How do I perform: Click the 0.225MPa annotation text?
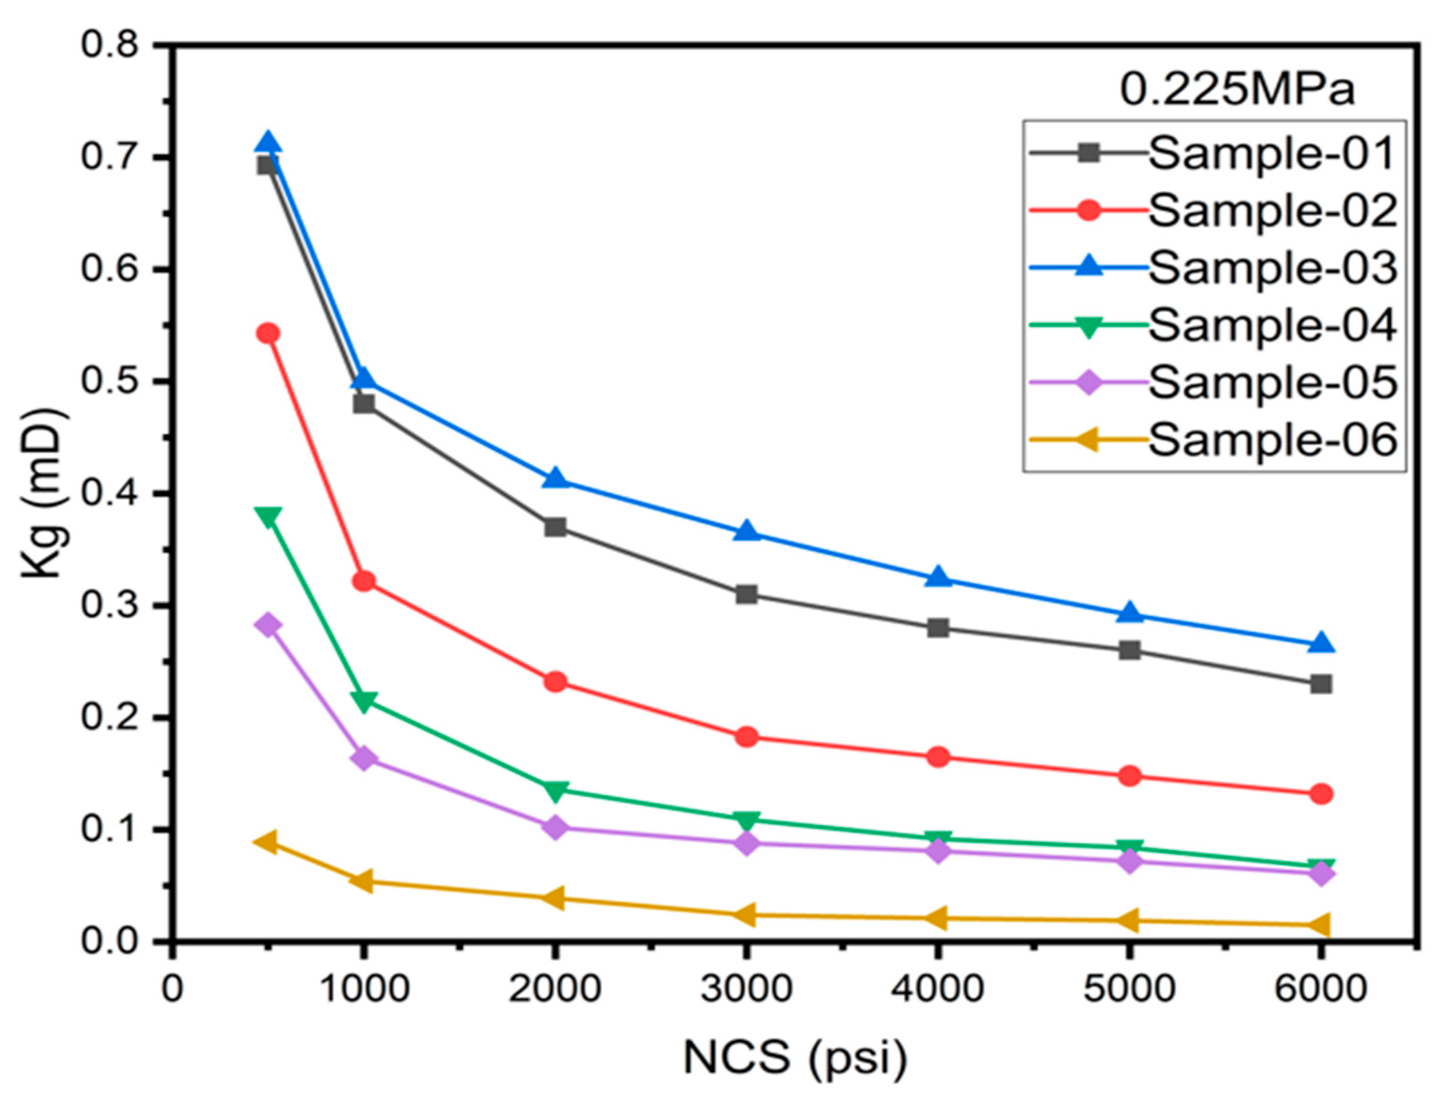tap(1237, 90)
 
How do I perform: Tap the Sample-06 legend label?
tap(1272, 440)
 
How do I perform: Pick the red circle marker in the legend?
tap(1088, 211)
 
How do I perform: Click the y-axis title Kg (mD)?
tap(43, 494)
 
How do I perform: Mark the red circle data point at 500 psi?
tap(267, 333)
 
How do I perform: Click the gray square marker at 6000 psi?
tap(1320, 684)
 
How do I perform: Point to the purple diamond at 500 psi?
tap(267, 625)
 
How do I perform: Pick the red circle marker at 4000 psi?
tap(938, 757)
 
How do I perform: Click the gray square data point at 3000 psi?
tap(746, 595)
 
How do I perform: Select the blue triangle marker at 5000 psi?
tap(1129, 613)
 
